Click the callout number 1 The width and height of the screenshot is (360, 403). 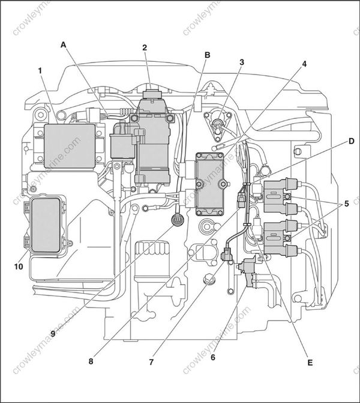pyautogui.click(x=40, y=70)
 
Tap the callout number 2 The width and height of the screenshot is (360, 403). pyautogui.click(x=144, y=47)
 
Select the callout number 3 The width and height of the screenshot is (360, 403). pyautogui.click(x=241, y=62)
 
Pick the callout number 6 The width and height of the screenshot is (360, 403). pyautogui.click(x=212, y=357)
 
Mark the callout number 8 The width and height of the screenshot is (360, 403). pyautogui.click(x=91, y=362)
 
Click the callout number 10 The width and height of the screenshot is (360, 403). pyautogui.click(x=19, y=266)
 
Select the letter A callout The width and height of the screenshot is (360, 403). pyautogui.click(x=64, y=44)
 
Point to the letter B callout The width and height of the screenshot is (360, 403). pyautogui.click(x=207, y=55)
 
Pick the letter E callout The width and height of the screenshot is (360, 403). pyautogui.click(x=309, y=362)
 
